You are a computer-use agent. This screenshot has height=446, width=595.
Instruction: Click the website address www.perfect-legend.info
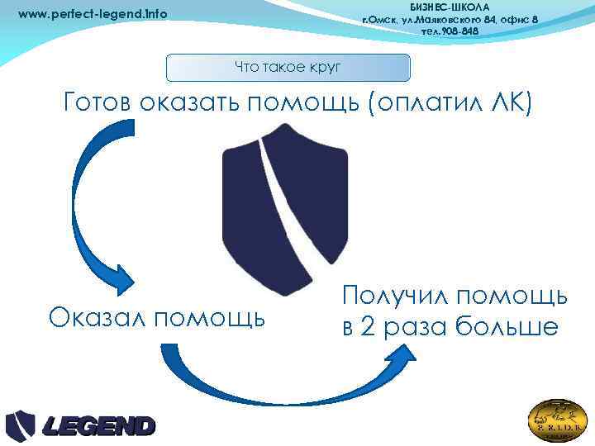pyautogui.click(x=93, y=14)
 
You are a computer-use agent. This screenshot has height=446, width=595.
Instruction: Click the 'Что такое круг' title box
pyautogui.click(x=288, y=68)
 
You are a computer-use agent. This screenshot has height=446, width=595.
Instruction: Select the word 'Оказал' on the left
pyautogui.click(x=98, y=317)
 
